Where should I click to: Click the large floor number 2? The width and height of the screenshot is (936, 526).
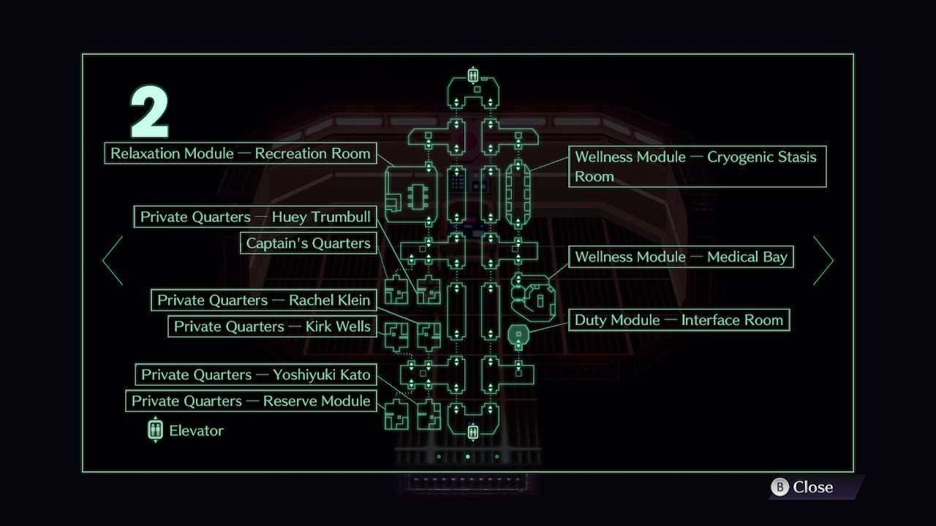point(150,112)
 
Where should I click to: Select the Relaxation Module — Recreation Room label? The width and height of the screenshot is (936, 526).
point(241,153)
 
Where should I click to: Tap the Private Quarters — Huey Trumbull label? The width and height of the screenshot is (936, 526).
point(255,217)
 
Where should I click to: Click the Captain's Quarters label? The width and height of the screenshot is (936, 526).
point(308,243)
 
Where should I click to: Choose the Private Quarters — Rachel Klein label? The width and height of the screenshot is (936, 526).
point(263,300)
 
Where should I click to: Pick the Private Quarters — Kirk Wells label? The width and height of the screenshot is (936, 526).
point(272,326)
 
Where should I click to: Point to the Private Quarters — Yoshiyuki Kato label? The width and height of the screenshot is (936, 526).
point(256,375)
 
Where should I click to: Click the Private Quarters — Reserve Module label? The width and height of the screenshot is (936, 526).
point(251,401)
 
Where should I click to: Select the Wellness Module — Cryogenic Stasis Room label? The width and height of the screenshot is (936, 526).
point(698,167)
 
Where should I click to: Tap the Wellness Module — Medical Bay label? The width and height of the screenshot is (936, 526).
point(681,256)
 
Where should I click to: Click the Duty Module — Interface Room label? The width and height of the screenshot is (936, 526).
point(679,320)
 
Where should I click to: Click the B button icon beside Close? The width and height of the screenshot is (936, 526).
point(780,487)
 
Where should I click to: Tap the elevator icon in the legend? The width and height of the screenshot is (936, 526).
point(156,430)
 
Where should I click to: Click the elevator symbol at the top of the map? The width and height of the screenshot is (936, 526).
point(473,75)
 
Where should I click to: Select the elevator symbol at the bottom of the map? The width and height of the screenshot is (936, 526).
point(473,431)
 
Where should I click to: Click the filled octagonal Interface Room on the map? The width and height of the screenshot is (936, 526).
point(518,335)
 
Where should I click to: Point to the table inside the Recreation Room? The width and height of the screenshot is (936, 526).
point(418,197)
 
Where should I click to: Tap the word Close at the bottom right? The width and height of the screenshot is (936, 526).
point(812,487)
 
